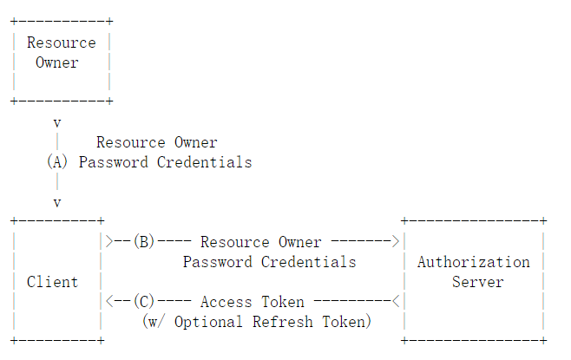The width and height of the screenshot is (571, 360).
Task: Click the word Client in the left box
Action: coord(52,282)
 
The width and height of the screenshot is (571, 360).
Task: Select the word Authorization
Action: coord(474,262)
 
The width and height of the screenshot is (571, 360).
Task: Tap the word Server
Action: coord(478,282)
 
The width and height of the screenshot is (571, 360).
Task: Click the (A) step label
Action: coord(57,161)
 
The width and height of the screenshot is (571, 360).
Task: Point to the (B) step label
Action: coord(144,241)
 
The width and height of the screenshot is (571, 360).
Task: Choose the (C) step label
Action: coord(144,301)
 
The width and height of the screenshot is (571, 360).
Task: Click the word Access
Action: coord(226,302)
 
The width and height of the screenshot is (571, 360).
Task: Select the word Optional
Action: coord(208,322)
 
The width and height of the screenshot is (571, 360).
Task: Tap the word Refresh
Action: coord(283,322)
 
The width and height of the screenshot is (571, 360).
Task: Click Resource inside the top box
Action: coord(61,43)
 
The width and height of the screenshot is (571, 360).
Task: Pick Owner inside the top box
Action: coord(56,62)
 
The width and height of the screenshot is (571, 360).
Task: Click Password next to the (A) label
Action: coord(114,162)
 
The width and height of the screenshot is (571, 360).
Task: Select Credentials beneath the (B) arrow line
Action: coord(308,262)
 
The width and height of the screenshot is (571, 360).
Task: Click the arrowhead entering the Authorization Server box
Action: coord(396,241)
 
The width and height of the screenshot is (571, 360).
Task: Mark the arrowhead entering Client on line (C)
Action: coord(109,301)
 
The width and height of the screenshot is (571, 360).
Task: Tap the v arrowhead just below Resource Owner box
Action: coord(57,123)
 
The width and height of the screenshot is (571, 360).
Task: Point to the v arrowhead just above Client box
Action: coord(57,203)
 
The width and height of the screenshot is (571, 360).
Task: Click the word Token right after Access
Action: coord(283,302)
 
